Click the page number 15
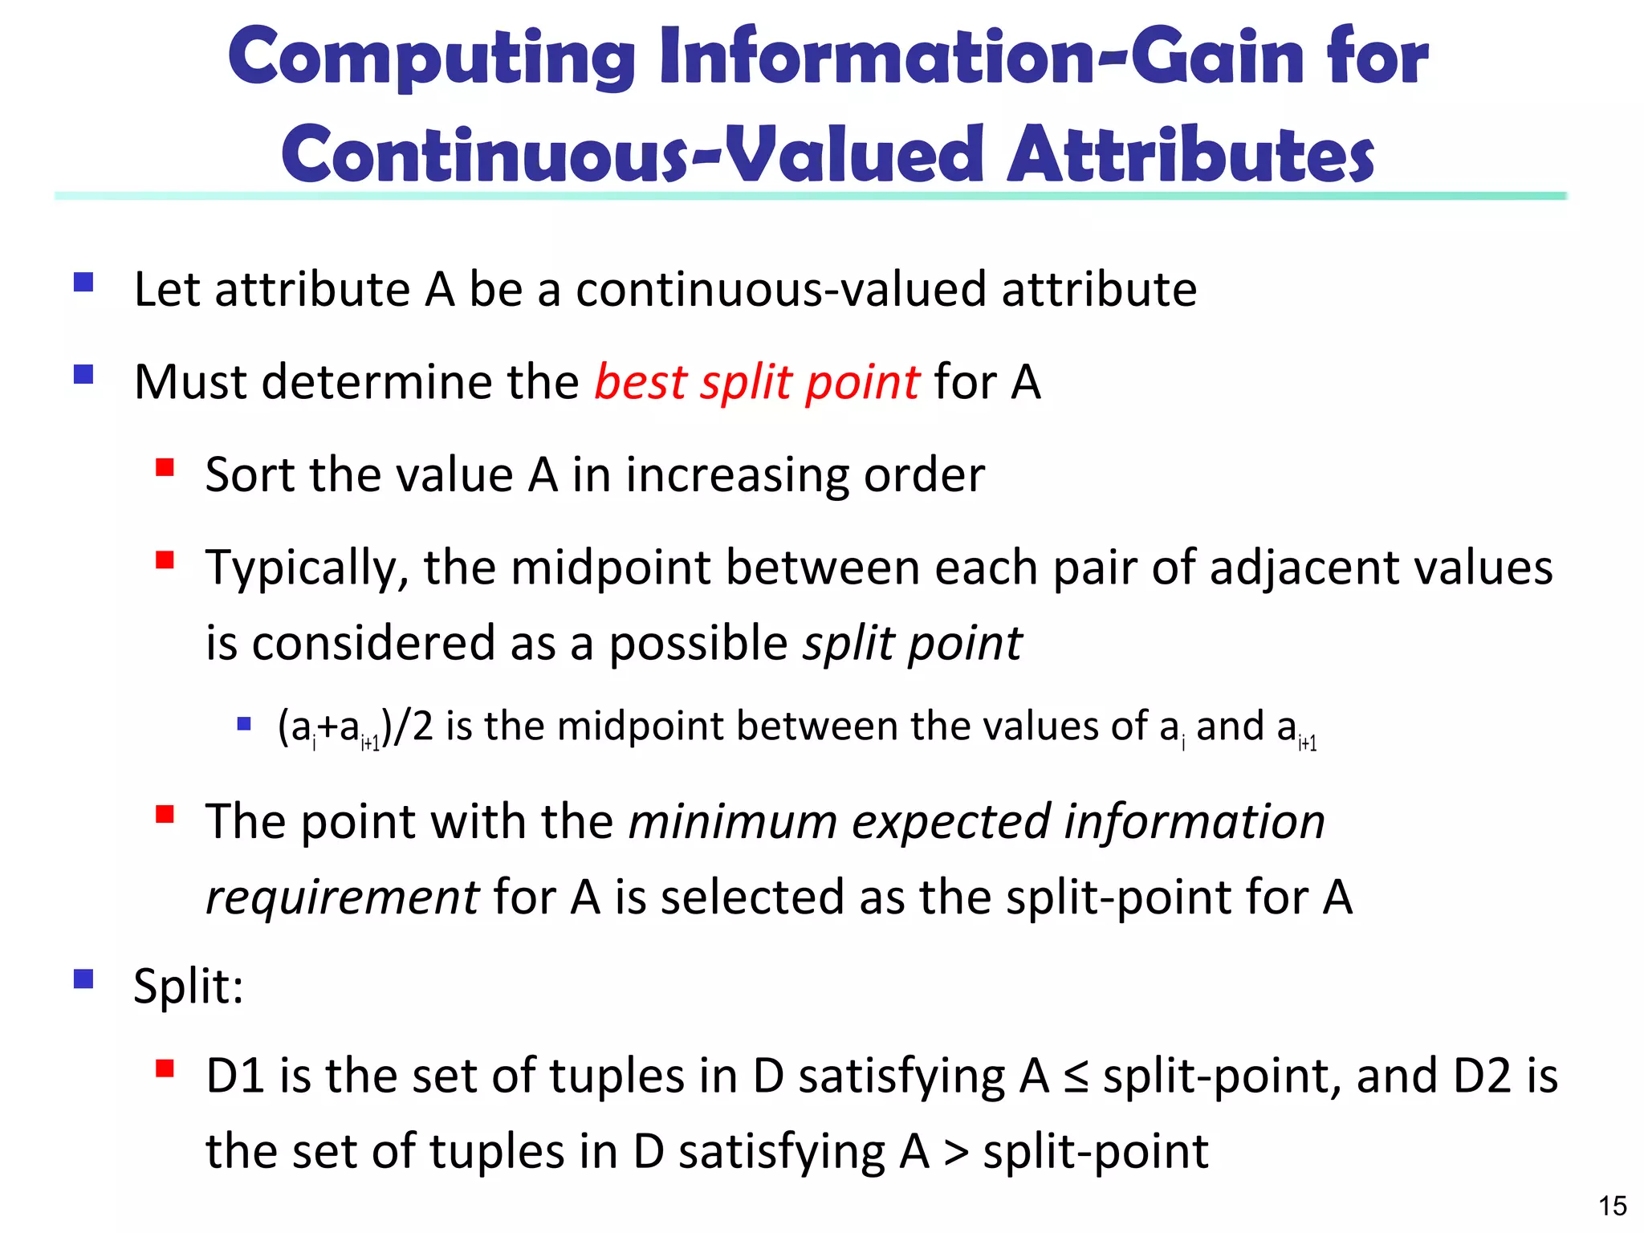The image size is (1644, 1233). point(1612,1206)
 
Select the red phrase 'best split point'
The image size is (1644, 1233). point(756,382)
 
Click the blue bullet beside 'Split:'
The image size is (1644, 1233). point(83,979)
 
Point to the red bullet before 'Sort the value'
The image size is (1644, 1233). point(165,467)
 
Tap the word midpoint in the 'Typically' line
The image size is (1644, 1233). point(611,568)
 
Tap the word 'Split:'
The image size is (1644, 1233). point(189,986)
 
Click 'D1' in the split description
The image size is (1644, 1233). point(235,1076)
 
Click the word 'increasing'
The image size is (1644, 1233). point(737,475)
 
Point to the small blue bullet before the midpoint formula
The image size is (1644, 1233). point(244,724)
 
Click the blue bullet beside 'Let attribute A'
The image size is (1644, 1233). point(83,283)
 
